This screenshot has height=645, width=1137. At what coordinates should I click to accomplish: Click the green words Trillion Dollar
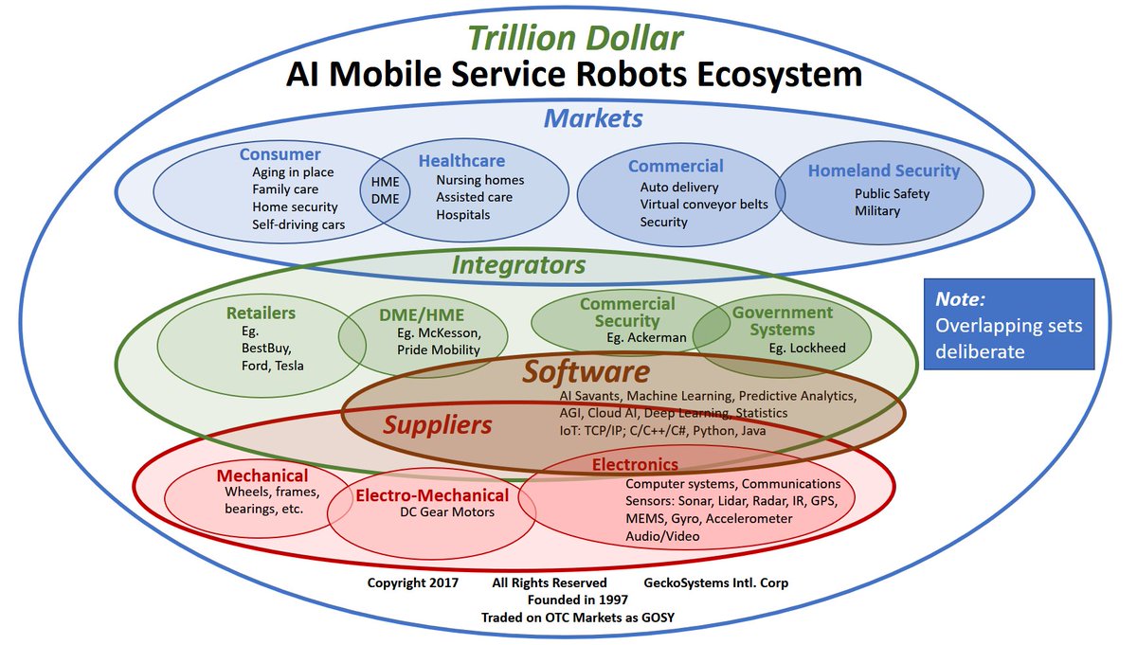tap(575, 38)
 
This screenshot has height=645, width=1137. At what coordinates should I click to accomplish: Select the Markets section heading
tap(593, 118)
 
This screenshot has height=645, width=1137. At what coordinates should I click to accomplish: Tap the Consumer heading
tap(280, 154)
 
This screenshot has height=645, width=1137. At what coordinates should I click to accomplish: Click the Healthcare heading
tap(461, 161)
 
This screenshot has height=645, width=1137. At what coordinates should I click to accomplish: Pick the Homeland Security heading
tap(883, 171)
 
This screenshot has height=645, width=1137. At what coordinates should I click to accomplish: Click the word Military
tap(876, 211)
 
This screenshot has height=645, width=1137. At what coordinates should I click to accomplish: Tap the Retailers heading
tap(261, 313)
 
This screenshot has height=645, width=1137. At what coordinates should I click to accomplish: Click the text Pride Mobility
tap(439, 349)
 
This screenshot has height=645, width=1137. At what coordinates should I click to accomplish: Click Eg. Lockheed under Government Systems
tap(806, 348)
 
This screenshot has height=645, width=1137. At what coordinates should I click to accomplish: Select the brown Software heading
tap(586, 371)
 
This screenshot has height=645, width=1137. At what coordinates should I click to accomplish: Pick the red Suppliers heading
tap(438, 425)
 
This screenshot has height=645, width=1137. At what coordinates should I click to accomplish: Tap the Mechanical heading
tap(262, 475)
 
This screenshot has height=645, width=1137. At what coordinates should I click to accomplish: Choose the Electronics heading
tap(635, 465)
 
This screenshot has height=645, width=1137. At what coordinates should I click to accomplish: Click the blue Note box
tap(1008, 325)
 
